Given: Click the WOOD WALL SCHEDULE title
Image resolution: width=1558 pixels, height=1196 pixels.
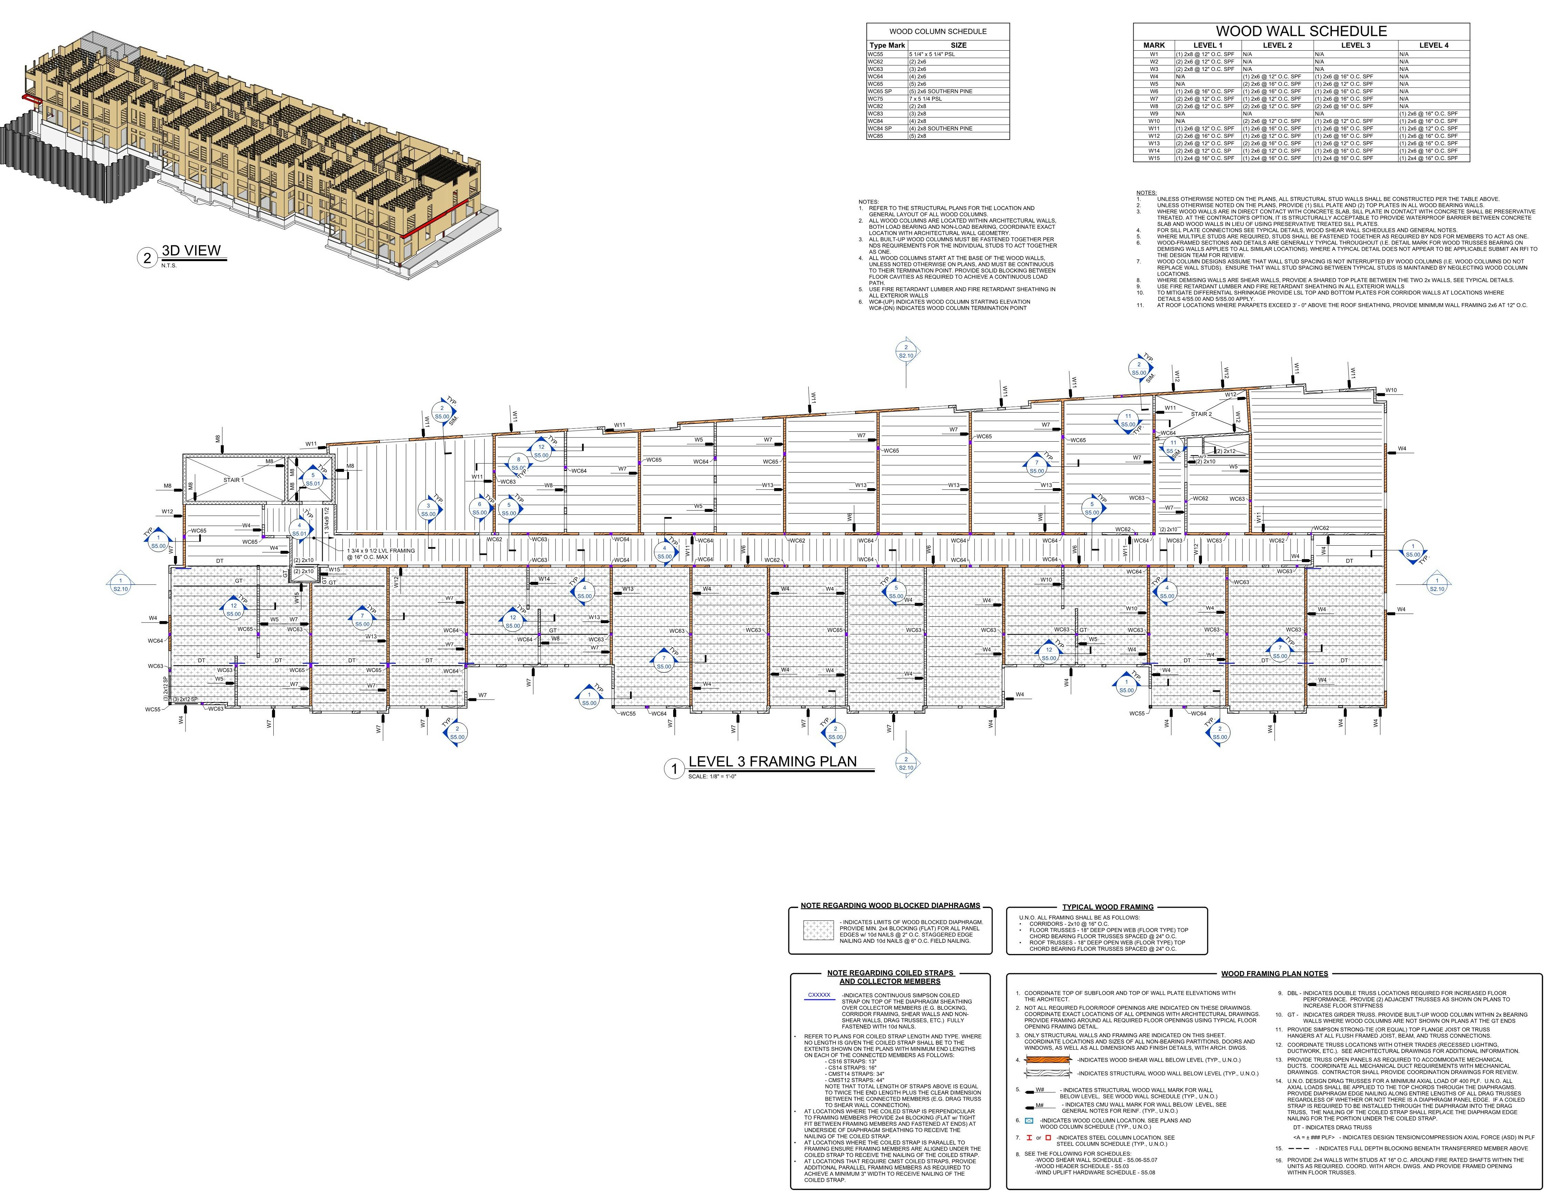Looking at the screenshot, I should pos(1301,31).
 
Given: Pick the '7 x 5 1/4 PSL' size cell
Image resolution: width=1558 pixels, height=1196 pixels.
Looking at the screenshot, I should pos(925,99).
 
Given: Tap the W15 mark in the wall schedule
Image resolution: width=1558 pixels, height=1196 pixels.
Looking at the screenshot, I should pos(1153,158).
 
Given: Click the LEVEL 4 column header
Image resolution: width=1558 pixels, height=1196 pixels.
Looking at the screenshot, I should pos(1433,45).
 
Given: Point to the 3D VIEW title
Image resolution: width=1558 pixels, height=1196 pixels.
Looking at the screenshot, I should pos(191,250).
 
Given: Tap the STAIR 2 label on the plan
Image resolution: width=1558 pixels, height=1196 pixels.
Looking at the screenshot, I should pos(1201,414).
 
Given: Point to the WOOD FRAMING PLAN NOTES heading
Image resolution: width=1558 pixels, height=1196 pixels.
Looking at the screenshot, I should pos(1274,973).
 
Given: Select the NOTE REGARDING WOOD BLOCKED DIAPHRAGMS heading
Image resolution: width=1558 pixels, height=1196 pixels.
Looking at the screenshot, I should pos(890,906).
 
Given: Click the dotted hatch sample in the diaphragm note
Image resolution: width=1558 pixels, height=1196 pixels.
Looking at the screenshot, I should pos(818,930).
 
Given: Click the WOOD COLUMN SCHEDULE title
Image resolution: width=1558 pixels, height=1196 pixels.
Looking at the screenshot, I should pos(938,31).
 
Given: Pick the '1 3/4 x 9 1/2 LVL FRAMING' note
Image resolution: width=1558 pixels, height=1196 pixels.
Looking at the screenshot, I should pos(381,550).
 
